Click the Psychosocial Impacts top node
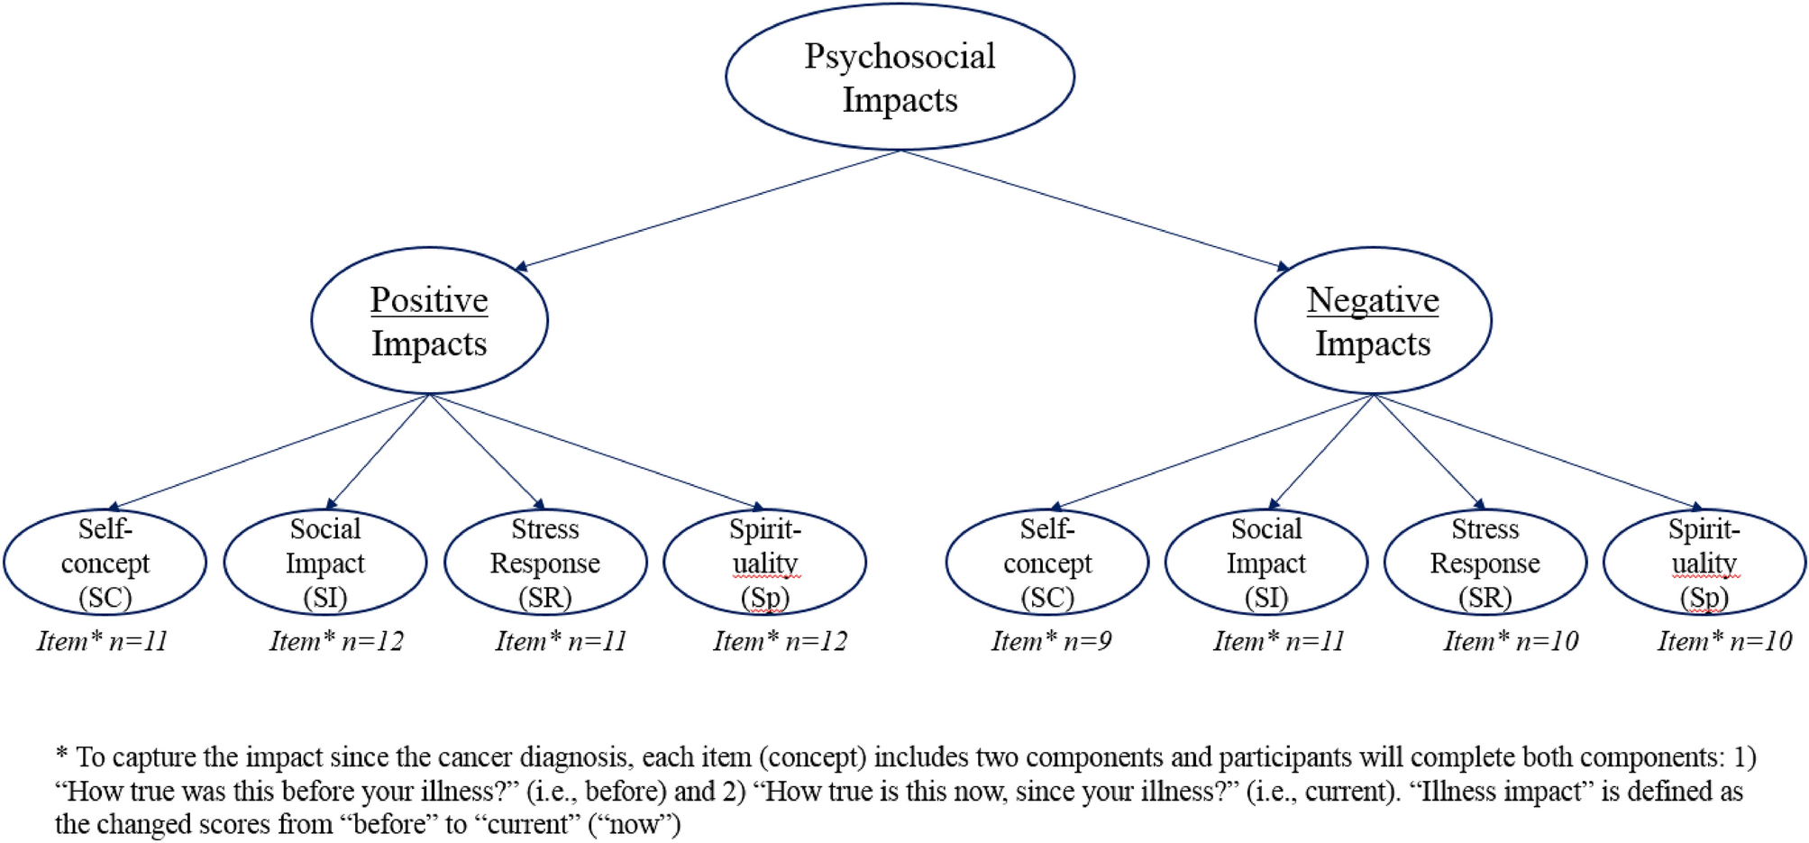coord(900,78)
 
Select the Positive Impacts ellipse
coord(429,321)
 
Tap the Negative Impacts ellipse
coord(1372,321)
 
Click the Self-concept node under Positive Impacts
coord(105,563)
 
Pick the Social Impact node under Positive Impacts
coord(324,563)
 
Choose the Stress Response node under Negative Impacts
coord(1485,563)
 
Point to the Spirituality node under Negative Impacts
coord(1704,563)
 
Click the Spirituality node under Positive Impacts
coord(764,563)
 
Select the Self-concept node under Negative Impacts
coord(1046,563)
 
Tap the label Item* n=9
coord(1051,641)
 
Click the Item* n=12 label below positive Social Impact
coord(336,641)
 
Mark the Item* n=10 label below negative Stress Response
coord(1511,641)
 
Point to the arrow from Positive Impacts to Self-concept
coord(270,451)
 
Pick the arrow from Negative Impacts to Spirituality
coord(1537,451)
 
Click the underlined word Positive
coord(429,299)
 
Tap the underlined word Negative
coord(1372,299)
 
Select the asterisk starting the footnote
coord(61,753)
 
